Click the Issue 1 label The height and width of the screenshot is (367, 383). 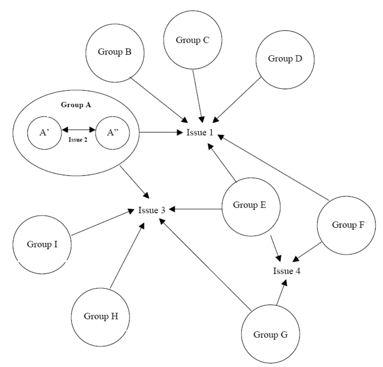click(200, 133)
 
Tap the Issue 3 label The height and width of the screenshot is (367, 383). click(151, 210)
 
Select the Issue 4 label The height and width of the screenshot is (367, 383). click(287, 271)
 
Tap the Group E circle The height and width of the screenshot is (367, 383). click(250, 205)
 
